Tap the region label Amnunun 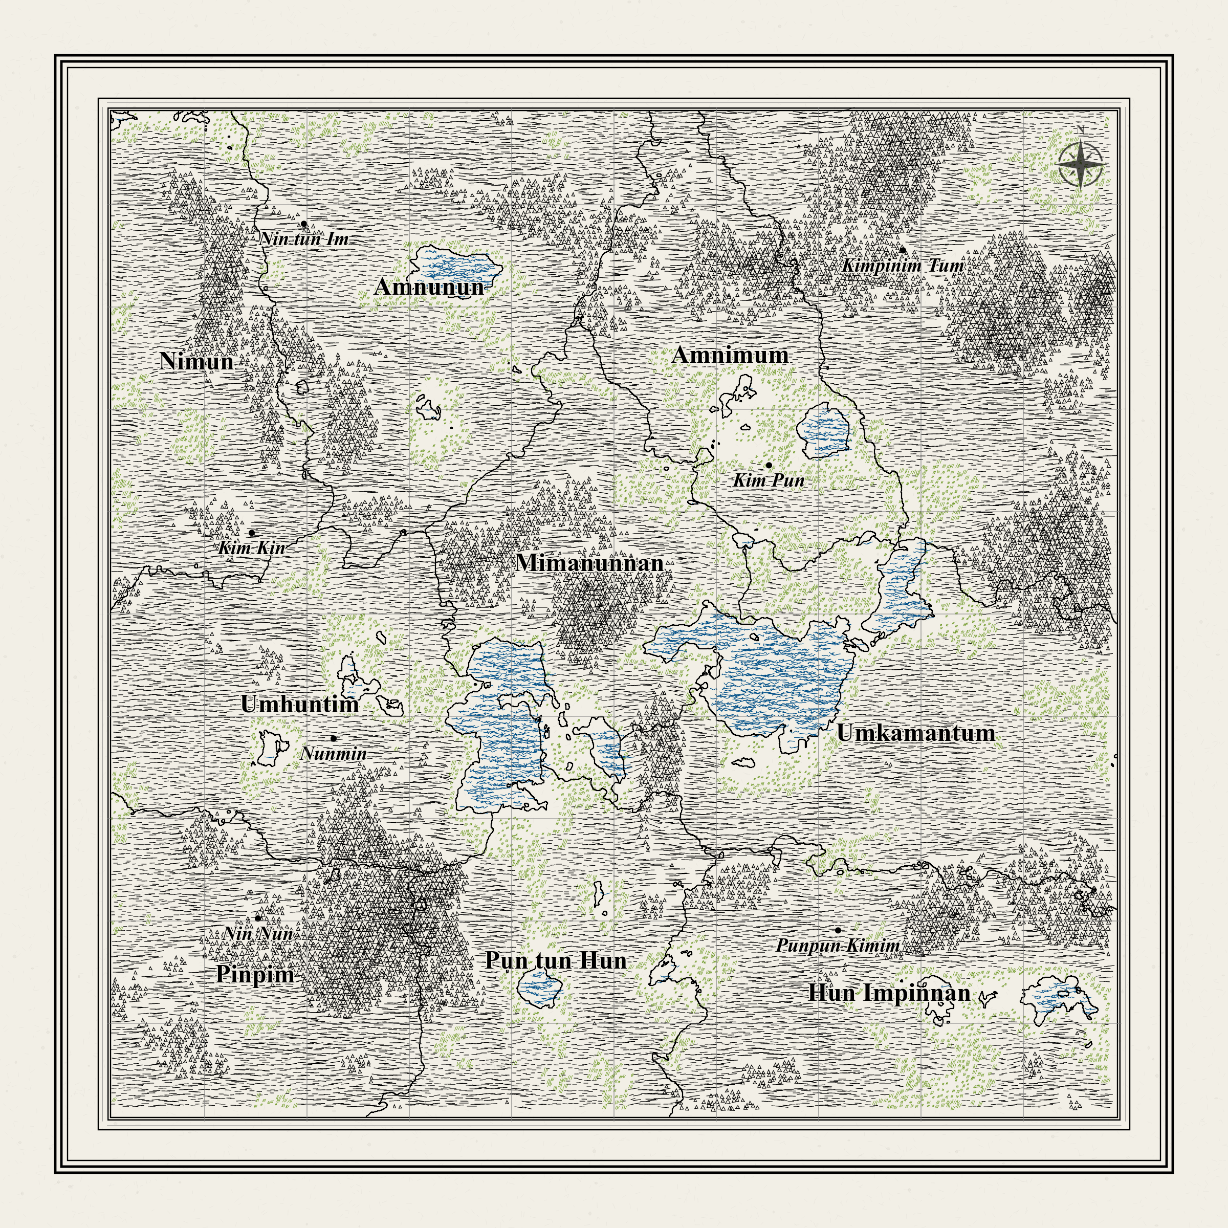pyautogui.click(x=430, y=287)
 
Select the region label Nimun pyautogui.click(x=197, y=361)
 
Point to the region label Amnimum pyautogui.click(x=730, y=355)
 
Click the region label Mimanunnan pyautogui.click(x=590, y=562)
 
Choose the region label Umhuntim pyautogui.click(x=300, y=704)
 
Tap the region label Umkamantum pyautogui.click(x=915, y=733)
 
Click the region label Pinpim pyautogui.click(x=255, y=974)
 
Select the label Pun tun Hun pyautogui.click(x=556, y=960)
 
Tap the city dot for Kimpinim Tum pyautogui.click(x=903, y=250)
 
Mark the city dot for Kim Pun pyautogui.click(x=769, y=465)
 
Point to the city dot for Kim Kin pyautogui.click(x=252, y=533)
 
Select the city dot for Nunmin pyautogui.click(x=334, y=738)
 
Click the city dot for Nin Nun pyautogui.click(x=258, y=918)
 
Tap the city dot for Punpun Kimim pyautogui.click(x=838, y=930)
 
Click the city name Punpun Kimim pyautogui.click(x=838, y=946)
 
